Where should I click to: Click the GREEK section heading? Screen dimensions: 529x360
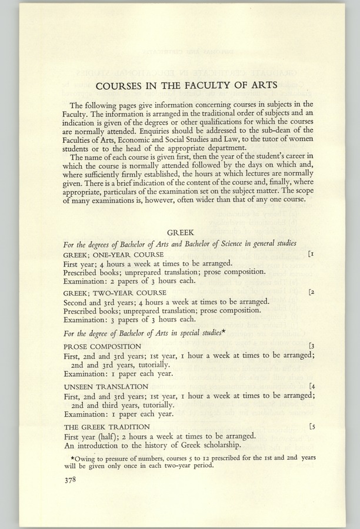[180, 232]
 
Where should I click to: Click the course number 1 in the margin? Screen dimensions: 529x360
[312, 254]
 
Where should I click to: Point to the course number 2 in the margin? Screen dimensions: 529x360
[312, 292]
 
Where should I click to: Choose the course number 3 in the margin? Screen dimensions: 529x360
[312, 346]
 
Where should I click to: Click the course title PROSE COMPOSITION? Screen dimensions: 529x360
[102, 347]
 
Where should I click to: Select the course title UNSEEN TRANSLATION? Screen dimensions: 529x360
[105, 387]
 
